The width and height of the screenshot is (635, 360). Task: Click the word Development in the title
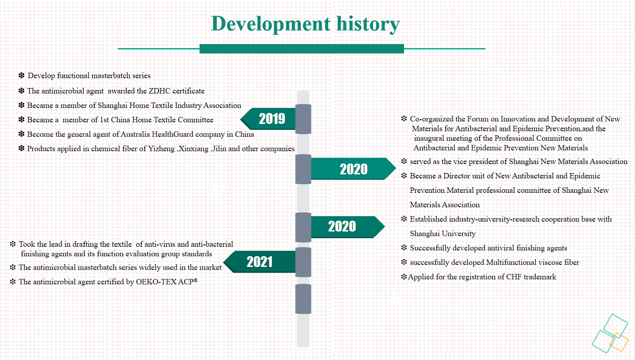pos(271,24)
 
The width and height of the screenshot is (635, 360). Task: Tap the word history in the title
pos(368,24)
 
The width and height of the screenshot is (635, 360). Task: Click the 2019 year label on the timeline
pos(272,119)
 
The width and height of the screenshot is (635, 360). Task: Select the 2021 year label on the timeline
pos(259,262)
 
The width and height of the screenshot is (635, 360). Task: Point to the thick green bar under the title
pos(302,49)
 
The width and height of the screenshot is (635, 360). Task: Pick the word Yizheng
pos(161,149)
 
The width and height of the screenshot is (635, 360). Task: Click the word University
pos(459,234)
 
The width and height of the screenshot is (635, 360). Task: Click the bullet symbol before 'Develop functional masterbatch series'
pos(22,76)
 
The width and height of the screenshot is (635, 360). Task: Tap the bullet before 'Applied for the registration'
pos(404,277)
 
